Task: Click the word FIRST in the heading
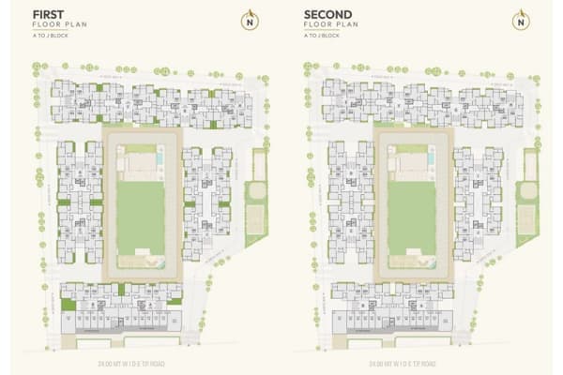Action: click(51, 15)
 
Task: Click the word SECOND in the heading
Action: click(327, 15)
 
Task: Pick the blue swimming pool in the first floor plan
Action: click(162, 165)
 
